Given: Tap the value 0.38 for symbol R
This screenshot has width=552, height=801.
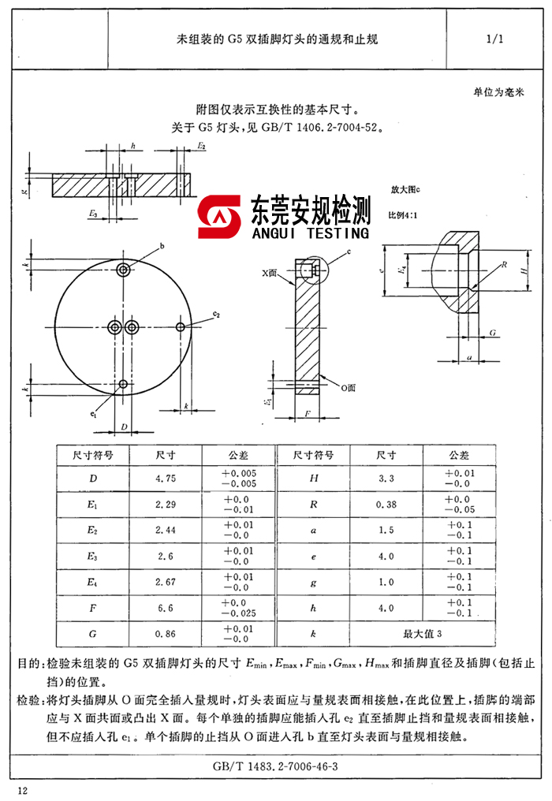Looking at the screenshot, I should pos(386,505).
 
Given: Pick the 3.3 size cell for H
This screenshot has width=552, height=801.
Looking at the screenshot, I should pos(386,479).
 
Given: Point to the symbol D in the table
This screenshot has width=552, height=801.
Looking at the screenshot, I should pos(94,479).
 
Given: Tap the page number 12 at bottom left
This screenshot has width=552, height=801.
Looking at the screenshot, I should pos(22,790).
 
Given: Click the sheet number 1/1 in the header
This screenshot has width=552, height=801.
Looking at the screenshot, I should pos(495,39).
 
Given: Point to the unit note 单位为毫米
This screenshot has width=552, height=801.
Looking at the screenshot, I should pos(498,92).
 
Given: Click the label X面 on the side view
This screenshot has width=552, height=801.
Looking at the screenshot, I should pos(271,271).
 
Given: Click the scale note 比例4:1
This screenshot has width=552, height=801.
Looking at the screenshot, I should pos(405,214).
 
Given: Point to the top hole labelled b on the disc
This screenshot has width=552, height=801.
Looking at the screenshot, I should pos(124,270).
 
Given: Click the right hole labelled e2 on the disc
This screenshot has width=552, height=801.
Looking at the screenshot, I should pos(181,326).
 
